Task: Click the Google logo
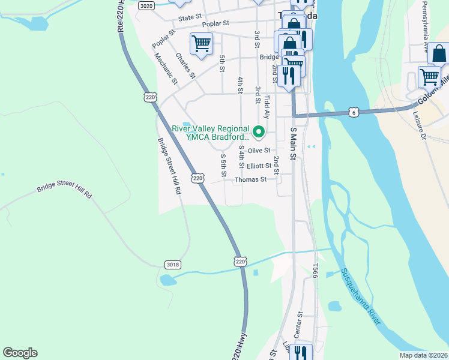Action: point(20,353)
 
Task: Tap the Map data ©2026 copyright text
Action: point(423,355)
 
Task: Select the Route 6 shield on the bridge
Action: point(354,112)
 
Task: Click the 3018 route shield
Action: point(172,265)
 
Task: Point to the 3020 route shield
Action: point(145,5)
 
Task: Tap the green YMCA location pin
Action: point(259,131)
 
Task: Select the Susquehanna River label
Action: point(361,296)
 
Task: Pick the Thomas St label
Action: point(250,179)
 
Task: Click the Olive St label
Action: point(259,151)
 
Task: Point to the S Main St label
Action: point(294,143)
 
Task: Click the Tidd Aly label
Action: point(267,106)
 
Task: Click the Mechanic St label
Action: point(166,67)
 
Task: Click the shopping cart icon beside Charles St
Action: point(201,43)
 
